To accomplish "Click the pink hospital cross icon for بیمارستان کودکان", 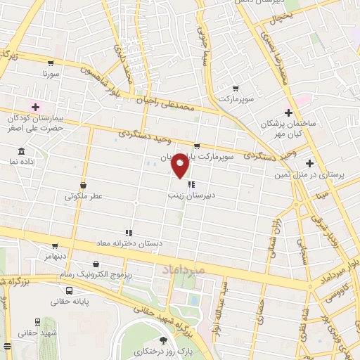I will [x=35, y=107].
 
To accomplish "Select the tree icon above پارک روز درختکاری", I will [x=164, y=340].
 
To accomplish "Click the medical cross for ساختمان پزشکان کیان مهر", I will [x=288, y=112].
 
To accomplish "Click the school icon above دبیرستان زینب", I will [x=191, y=184].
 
